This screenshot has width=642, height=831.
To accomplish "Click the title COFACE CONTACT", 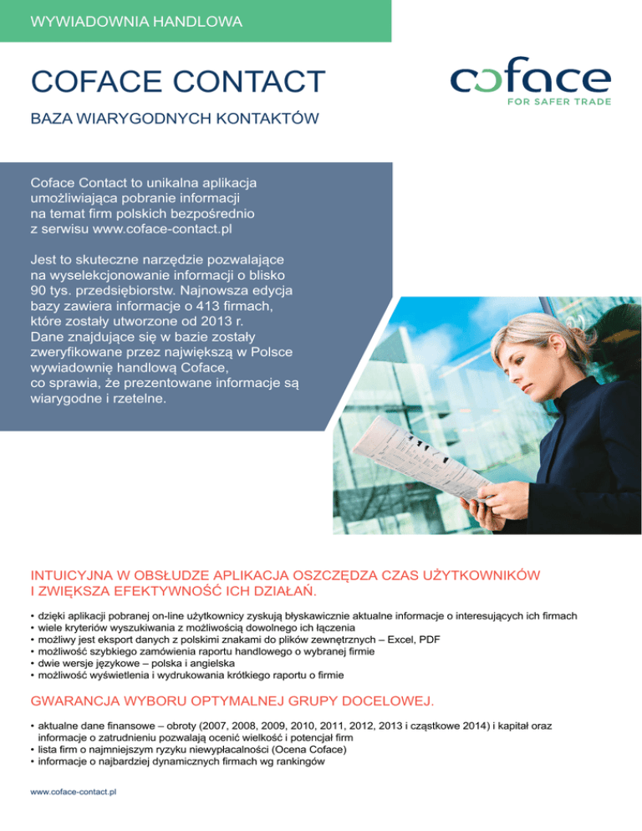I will point(177,82).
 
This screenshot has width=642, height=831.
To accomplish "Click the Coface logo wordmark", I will point(531,80).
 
